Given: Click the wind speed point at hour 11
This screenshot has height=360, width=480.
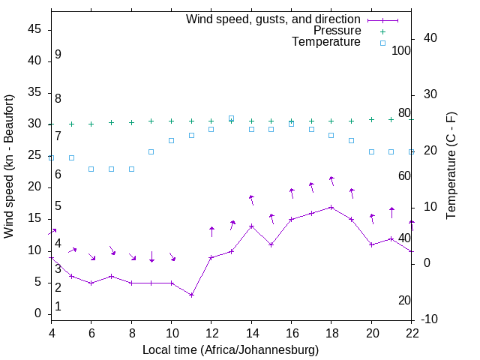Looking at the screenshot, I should pyautogui.click(x=191, y=295).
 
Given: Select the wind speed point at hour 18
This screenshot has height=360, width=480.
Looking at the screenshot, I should pyautogui.click(x=331, y=207).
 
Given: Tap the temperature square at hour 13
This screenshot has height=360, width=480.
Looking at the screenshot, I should pyautogui.click(x=231, y=118).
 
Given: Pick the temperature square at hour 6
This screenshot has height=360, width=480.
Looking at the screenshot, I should pyautogui.click(x=91, y=169).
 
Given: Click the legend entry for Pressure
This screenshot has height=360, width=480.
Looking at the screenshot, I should pyautogui.click(x=337, y=31).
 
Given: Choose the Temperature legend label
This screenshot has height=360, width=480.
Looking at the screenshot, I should pyautogui.click(x=326, y=42).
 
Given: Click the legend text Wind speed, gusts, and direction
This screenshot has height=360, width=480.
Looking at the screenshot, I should pyautogui.click(x=274, y=19).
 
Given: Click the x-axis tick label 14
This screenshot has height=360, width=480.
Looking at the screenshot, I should pyautogui.click(x=251, y=334).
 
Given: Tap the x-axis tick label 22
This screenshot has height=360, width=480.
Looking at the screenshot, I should pyautogui.click(x=411, y=334).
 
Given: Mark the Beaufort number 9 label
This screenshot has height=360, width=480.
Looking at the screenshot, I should pyautogui.click(x=58, y=55).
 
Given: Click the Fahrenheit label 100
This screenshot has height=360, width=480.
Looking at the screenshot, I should pyautogui.click(x=401, y=51).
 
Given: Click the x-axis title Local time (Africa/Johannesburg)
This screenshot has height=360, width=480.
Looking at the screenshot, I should pyautogui.click(x=231, y=350).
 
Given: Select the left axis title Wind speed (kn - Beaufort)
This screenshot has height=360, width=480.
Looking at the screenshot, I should pyautogui.click(x=9, y=166).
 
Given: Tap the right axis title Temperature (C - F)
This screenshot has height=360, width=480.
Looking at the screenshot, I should pyautogui.click(x=451, y=166).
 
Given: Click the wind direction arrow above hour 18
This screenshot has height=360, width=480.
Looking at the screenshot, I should pyautogui.click(x=331, y=181).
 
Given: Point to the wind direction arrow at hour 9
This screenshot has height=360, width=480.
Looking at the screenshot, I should pyautogui.click(x=151, y=256).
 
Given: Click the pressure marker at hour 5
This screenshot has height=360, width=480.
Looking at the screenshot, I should pyautogui.click(x=71, y=124).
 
